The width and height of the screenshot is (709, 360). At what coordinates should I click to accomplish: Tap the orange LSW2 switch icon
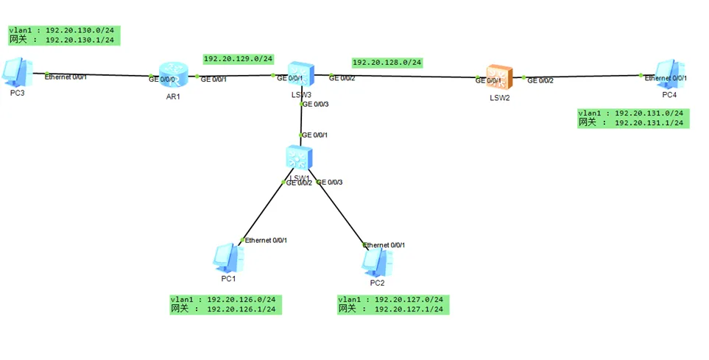(x=498, y=77)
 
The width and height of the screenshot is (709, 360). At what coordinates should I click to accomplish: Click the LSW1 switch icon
(x=299, y=158)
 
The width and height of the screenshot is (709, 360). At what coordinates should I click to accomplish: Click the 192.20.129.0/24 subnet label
(x=238, y=59)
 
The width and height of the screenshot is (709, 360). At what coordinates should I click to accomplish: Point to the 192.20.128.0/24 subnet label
(x=387, y=63)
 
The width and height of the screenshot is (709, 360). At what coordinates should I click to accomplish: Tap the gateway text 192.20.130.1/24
(x=80, y=40)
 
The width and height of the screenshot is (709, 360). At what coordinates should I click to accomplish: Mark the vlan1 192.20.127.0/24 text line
(x=391, y=300)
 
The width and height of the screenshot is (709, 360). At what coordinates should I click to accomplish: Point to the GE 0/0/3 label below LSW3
(x=314, y=105)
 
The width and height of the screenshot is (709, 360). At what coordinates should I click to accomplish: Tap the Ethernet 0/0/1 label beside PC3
(x=66, y=77)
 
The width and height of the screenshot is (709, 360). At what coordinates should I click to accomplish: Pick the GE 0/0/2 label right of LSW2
(x=540, y=80)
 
